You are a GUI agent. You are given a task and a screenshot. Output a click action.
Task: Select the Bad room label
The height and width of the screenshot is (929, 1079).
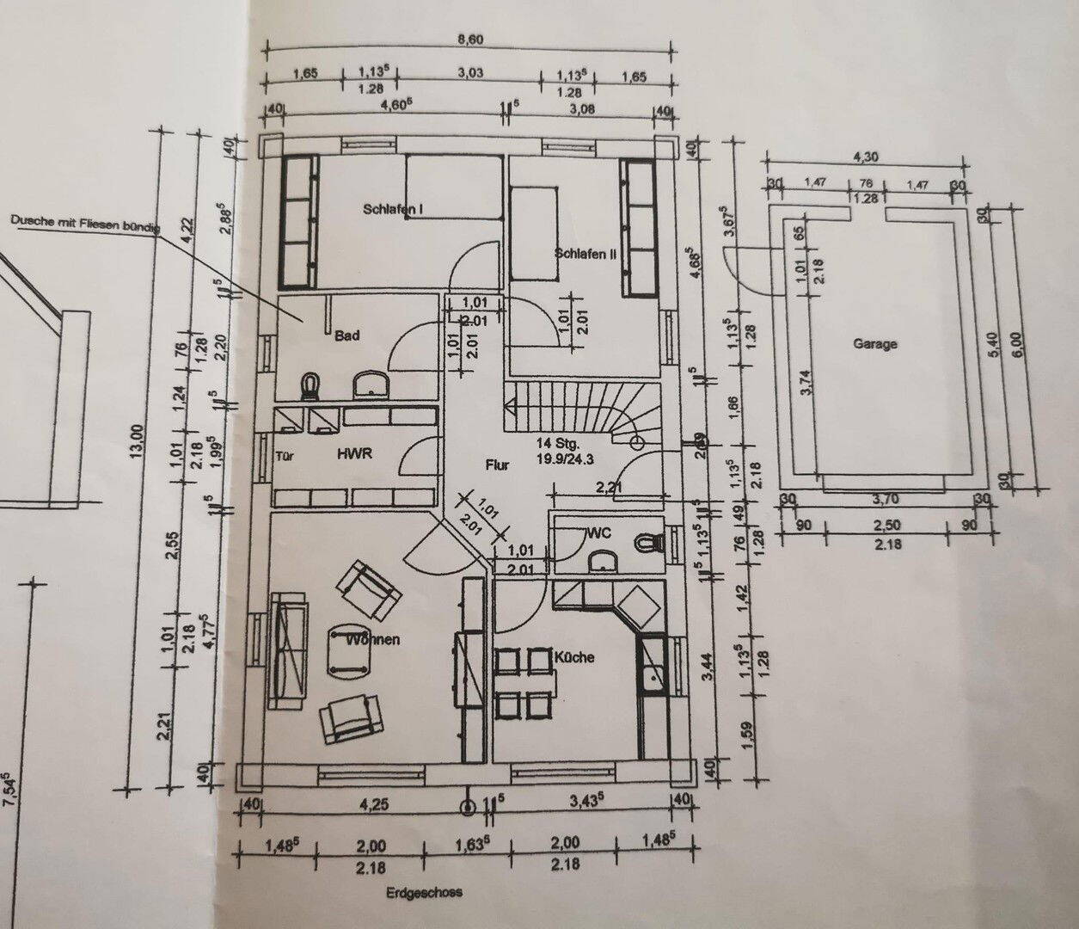[x=347, y=336]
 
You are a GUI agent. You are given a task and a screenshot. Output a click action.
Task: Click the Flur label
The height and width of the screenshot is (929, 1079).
[x=497, y=465]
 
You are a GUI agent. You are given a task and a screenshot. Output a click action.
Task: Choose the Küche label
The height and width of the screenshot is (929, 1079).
[x=574, y=657]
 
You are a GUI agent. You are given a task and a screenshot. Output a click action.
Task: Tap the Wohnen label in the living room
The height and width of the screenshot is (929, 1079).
[x=373, y=640]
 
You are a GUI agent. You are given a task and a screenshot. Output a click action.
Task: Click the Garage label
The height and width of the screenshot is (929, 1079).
[x=874, y=343]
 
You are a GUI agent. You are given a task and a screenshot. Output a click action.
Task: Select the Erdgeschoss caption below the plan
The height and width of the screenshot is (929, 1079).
[x=424, y=891]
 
